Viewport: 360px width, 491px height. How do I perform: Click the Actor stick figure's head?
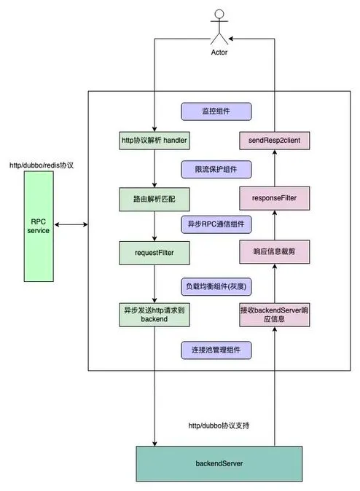click(219, 14)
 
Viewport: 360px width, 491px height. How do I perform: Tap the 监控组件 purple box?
click(216, 111)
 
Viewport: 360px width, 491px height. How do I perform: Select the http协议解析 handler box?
click(154, 141)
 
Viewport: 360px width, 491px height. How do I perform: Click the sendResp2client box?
click(275, 141)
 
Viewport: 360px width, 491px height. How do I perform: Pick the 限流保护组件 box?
click(216, 170)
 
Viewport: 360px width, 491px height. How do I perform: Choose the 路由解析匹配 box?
click(154, 200)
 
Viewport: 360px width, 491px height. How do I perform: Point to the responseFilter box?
click(275, 199)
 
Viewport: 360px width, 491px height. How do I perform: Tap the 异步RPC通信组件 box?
click(216, 224)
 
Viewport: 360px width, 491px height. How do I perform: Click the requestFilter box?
click(154, 253)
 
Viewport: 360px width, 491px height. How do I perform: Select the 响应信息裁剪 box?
click(275, 252)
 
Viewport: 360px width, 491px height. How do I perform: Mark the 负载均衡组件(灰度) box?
click(216, 287)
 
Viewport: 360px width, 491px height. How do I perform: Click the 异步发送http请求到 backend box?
click(154, 315)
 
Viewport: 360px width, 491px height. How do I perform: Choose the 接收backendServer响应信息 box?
click(275, 315)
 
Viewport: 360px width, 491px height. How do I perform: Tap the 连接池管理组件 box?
click(216, 350)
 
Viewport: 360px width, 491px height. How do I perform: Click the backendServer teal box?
click(219, 464)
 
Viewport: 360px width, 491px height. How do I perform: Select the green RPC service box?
click(39, 227)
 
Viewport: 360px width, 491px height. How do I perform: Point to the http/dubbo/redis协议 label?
click(42, 165)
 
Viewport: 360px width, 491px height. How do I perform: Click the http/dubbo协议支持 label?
click(219, 425)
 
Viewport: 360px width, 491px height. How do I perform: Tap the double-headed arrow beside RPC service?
click(71, 224)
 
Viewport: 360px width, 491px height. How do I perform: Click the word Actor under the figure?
click(219, 52)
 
